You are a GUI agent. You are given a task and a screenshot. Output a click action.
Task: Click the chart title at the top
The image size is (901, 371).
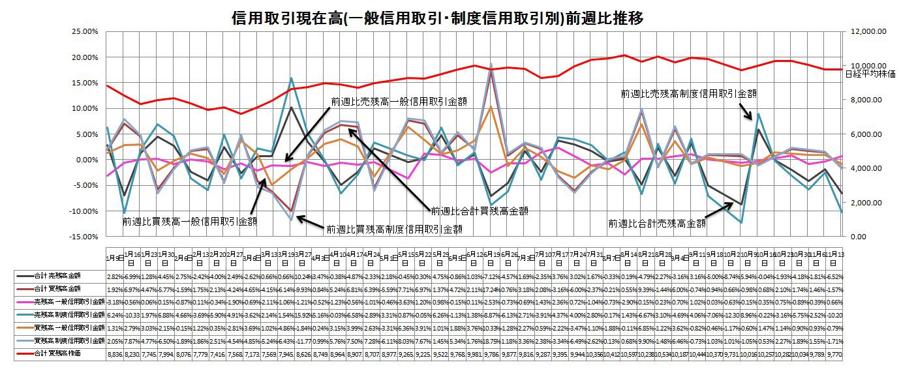pos(438,18)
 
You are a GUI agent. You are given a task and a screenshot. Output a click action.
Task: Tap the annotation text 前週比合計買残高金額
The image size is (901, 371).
pos(479,211)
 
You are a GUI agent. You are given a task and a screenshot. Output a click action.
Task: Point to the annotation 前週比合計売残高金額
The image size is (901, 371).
pos(657,223)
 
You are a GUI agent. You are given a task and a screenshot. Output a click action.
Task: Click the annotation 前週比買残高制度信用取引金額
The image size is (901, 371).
pos(395,229)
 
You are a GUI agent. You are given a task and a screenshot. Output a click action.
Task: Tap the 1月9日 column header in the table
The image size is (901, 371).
pos(112,259)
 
